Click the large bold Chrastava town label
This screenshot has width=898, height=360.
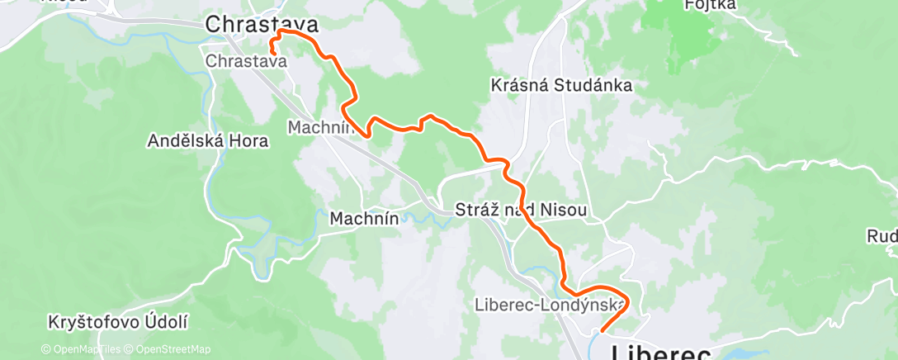(x=261, y=24)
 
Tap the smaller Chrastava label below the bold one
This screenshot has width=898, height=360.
(x=246, y=61)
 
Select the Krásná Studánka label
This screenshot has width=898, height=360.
(x=561, y=85)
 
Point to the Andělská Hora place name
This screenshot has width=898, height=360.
(x=207, y=140)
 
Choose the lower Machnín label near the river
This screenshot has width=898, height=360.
(x=364, y=219)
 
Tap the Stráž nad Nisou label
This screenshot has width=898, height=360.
(x=520, y=211)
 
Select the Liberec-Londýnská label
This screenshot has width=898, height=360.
(x=546, y=304)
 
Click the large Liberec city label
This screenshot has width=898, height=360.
(x=660, y=353)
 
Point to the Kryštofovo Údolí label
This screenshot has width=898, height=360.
(x=119, y=321)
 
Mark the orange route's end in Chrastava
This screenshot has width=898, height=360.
(x=272, y=54)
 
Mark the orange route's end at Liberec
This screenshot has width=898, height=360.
(x=602, y=331)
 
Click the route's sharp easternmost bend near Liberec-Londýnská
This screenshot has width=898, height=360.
(x=628, y=301)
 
